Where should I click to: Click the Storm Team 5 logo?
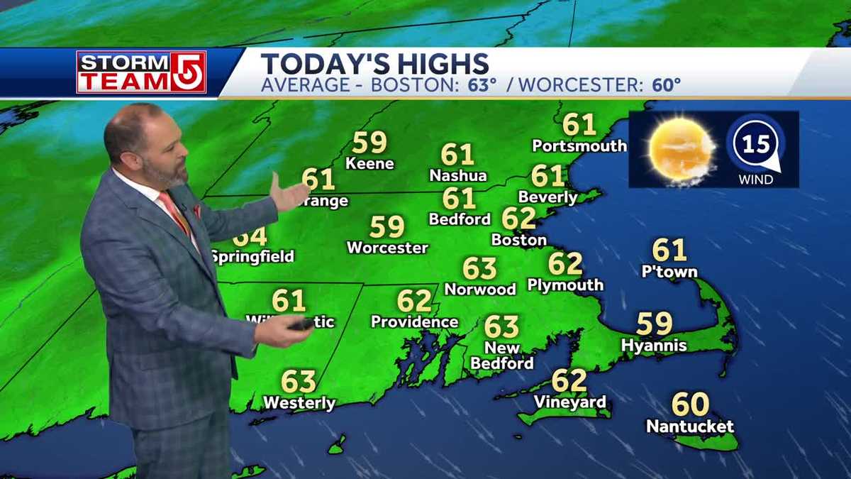[141, 72]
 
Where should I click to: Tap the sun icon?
[681, 149]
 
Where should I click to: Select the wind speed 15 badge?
[757, 145]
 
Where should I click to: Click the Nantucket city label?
[690, 427]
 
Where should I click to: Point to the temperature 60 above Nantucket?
[690, 404]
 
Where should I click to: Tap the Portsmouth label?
[579, 146]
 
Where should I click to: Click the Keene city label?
[369, 163]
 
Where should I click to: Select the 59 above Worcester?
[387, 227]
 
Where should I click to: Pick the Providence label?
[415, 322]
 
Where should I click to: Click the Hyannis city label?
[654, 346]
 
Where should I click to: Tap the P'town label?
[669, 272]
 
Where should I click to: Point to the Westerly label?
[299, 403]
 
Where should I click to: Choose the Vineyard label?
[569, 402]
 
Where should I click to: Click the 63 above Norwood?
[479, 268]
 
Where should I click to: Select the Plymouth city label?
[565, 285]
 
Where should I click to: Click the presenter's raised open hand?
[289, 192]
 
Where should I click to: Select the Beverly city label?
[548, 197]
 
